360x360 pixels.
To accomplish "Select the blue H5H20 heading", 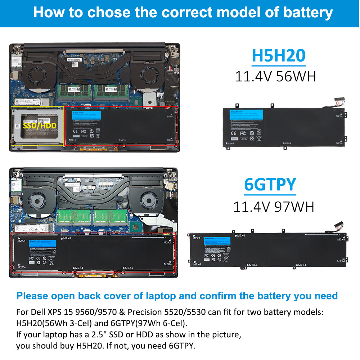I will (279, 55).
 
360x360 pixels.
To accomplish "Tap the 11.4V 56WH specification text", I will (275, 76).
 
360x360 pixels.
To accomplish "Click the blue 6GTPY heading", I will (270, 184).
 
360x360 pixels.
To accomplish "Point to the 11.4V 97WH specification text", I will (274, 207).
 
